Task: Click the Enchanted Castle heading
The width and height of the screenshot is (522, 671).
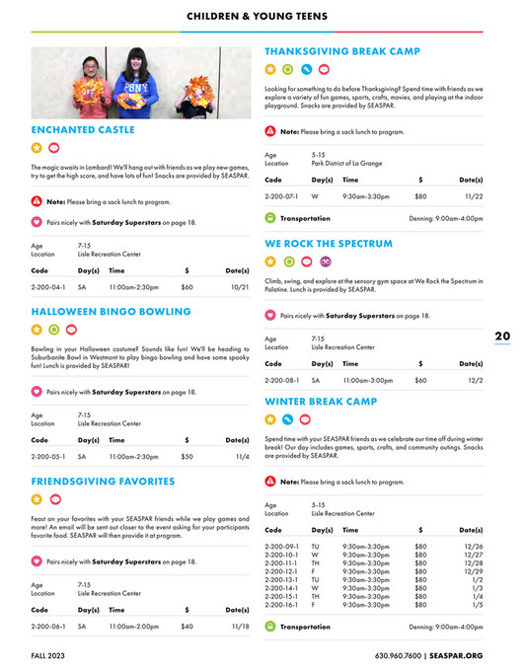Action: point(83,129)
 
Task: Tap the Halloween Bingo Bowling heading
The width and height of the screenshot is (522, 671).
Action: point(111,312)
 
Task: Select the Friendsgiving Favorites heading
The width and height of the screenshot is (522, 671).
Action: point(103,482)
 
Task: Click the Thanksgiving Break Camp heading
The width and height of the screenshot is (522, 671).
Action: point(342,51)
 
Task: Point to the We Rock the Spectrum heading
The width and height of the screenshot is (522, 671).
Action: point(329,243)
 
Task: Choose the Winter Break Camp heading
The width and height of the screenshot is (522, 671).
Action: point(321,402)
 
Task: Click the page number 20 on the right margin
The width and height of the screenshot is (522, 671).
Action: point(502,335)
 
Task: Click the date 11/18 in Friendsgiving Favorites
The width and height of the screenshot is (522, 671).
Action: point(240,626)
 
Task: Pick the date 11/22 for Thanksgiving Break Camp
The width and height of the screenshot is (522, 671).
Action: point(474,196)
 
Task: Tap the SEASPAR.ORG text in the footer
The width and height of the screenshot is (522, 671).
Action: point(458,654)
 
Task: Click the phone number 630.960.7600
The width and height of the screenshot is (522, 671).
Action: point(398,654)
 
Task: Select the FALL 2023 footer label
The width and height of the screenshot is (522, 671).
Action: point(50,654)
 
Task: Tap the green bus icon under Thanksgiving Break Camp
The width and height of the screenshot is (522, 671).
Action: point(271,218)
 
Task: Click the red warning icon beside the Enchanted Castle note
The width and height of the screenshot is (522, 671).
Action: point(37,201)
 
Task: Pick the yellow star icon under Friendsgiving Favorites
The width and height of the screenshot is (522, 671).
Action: point(37,499)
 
